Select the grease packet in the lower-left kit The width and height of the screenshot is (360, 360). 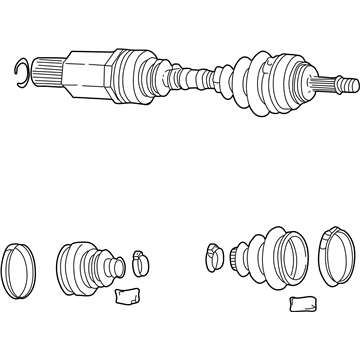click(x=127, y=296)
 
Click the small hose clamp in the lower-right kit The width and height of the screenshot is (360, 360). click(x=214, y=254)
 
